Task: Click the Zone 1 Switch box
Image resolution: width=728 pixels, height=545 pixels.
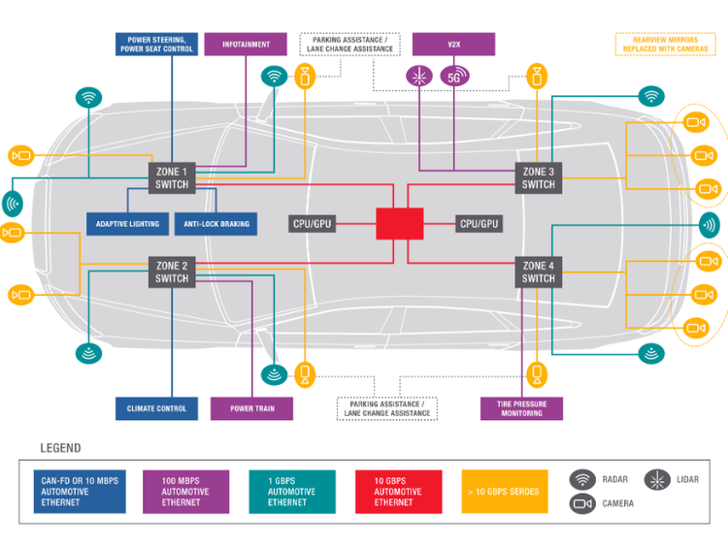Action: tap(172, 178)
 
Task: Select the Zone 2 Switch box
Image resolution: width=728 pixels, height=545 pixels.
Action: tap(172, 272)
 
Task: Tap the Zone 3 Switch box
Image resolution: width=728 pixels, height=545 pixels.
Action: tap(538, 178)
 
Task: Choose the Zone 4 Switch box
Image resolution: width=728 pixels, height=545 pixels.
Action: tap(538, 272)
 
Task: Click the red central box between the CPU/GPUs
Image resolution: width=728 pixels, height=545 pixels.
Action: tap(400, 224)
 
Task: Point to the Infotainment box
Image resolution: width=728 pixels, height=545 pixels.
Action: tap(246, 45)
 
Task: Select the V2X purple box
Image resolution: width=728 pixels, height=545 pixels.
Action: tap(453, 45)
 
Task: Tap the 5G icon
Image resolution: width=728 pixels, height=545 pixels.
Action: tap(454, 77)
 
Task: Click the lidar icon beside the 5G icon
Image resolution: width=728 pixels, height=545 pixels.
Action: tap(419, 77)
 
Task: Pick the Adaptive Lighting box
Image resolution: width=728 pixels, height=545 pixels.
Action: tap(127, 224)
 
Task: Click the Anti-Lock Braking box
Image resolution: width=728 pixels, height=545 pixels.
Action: tap(215, 224)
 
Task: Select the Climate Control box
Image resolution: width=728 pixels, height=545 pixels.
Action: tap(156, 408)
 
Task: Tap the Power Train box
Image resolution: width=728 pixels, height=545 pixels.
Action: tap(251, 408)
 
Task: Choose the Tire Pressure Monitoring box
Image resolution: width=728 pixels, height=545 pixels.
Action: tap(521, 408)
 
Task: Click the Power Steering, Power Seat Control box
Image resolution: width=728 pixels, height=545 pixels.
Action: tap(156, 45)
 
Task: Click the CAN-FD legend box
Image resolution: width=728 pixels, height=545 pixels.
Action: tap(81, 491)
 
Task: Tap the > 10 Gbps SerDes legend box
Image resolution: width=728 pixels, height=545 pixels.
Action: tap(504, 491)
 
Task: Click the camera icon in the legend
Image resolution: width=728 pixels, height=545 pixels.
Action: tap(582, 503)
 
